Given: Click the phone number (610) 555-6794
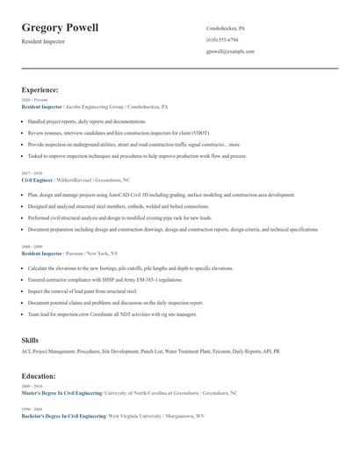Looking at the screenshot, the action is pos(222,39).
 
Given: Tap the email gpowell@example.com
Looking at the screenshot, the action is pos(230,52).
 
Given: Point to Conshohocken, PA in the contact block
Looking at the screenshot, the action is pos(226,28).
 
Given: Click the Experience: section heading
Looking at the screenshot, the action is pos(40,90).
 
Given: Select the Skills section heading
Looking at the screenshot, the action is pos(30,339).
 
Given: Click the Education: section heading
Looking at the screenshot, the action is pos(40,376).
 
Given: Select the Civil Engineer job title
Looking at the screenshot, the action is pos(38,179).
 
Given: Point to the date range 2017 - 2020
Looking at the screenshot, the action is pos(32,173).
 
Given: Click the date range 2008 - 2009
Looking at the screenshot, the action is pos(32,247).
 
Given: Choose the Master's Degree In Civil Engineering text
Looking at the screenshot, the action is pos(61,392).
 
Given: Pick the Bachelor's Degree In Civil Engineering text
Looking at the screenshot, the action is pos(63,415).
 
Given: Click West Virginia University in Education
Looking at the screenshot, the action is pos(137,415).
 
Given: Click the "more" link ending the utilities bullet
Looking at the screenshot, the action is pos(234,144).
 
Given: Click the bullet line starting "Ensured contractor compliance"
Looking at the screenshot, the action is pos(105,280).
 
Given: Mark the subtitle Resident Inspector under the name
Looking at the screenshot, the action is pos(44,42).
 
